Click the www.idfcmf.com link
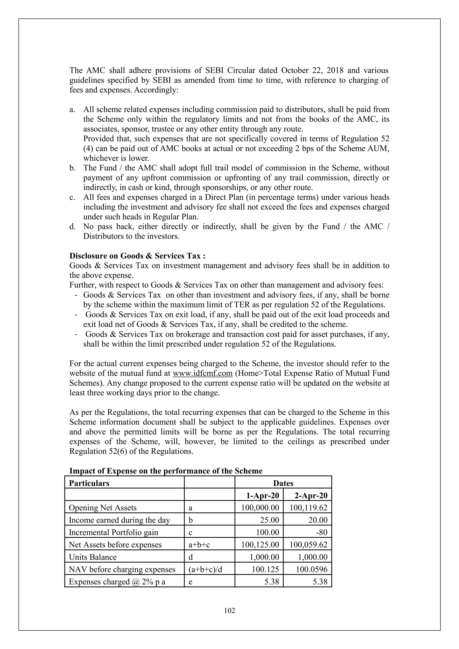[x=202, y=373]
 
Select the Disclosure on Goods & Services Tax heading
[x=137, y=256]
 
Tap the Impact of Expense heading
[x=166, y=471]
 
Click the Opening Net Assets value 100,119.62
[x=308, y=508]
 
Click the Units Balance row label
[x=93, y=557]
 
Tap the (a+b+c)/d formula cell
[x=205, y=570]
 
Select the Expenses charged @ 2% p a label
[x=117, y=582]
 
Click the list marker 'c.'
[x=72, y=197]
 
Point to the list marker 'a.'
[x=72, y=110]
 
